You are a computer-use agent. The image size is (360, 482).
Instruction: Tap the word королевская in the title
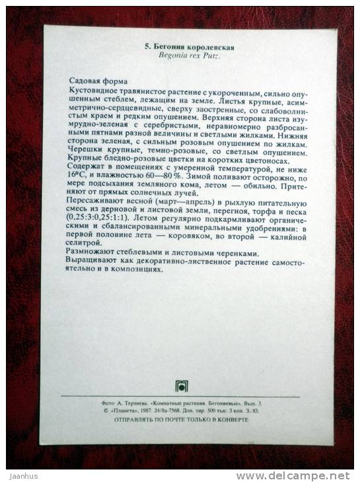[209, 48]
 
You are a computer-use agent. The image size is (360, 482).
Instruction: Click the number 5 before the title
[147, 48]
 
